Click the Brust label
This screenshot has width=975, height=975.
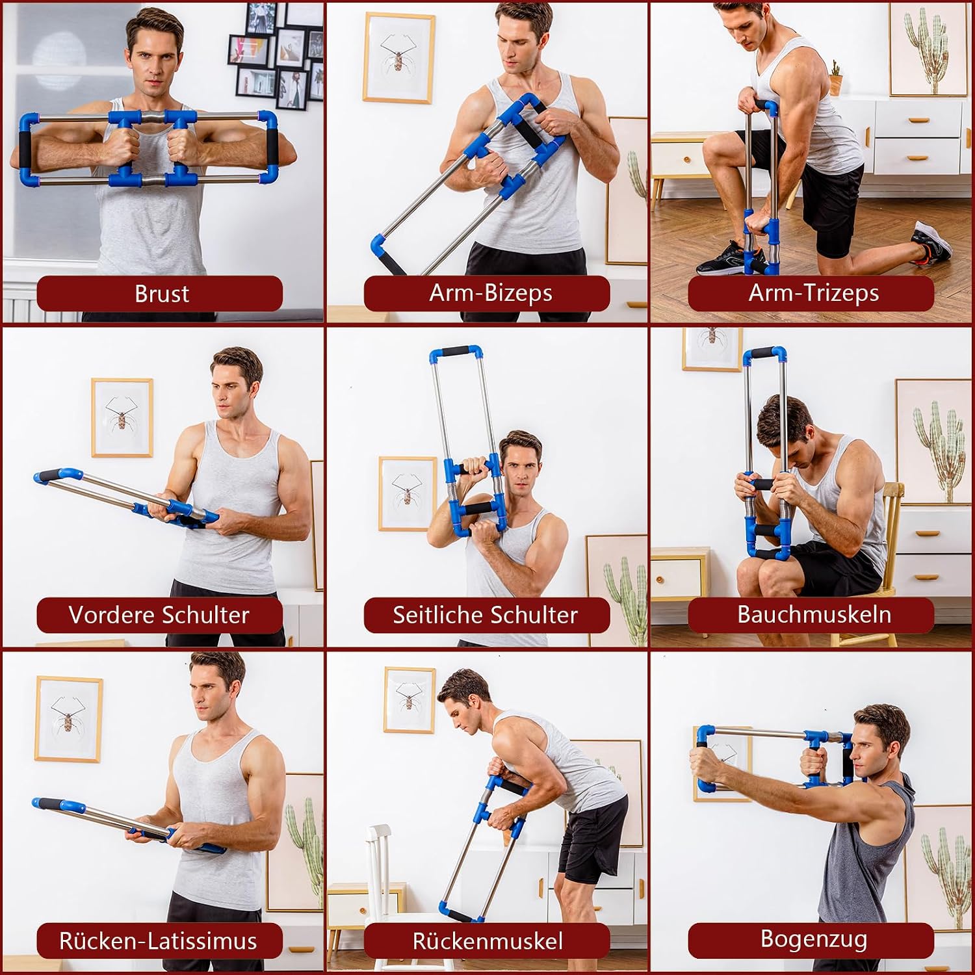[x=162, y=294]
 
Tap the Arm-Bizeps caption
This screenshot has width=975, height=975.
[x=491, y=293]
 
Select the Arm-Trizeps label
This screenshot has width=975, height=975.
[x=814, y=293]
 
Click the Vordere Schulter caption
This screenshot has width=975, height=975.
[x=159, y=615]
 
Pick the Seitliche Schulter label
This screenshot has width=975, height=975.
[x=485, y=615]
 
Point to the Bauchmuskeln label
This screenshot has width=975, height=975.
[x=814, y=614]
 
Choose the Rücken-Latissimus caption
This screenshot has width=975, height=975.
[x=158, y=941]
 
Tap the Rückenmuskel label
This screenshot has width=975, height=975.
[x=487, y=941]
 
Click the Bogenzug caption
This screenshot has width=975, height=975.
[x=814, y=939]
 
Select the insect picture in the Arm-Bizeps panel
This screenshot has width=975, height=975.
[x=398, y=58]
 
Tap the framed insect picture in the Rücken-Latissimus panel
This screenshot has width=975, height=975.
[x=68, y=718]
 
